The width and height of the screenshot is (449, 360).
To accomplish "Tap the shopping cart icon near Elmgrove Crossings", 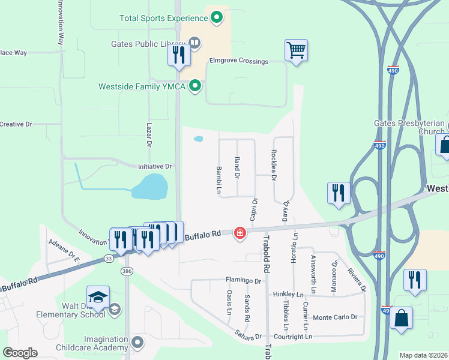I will pyautogui.click(x=296, y=50).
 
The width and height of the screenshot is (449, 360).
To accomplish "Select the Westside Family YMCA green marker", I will pyautogui.click(x=194, y=86).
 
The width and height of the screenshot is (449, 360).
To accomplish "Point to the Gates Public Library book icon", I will pyautogui.click(x=194, y=43).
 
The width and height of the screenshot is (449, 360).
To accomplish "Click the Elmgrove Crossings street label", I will pyautogui.click(x=238, y=61).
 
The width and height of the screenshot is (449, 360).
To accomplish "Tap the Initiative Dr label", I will pyautogui.click(x=155, y=166).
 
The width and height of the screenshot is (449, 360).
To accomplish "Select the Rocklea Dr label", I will pyautogui.click(x=274, y=165).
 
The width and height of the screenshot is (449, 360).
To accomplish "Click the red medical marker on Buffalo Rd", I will pyautogui.click(x=240, y=232).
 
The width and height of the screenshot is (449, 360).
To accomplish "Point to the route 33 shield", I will pyautogui.click(x=108, y=259).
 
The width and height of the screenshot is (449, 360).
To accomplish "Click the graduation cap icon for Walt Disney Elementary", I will pyautogui.click(x=98, y=297).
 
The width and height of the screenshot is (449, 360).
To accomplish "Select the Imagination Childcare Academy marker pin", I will pyautogui.click(x=137, y=343).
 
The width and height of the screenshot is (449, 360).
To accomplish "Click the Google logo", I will pyautogui.click(x=20, y=353).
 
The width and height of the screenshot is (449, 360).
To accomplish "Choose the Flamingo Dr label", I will pyautogui.click(x=244, y=280).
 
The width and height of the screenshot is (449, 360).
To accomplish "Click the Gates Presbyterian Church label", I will pyautogui.click(x=409, y=127).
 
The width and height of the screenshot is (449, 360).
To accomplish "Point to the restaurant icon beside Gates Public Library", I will pyautogui.click(x=179, y=55).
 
